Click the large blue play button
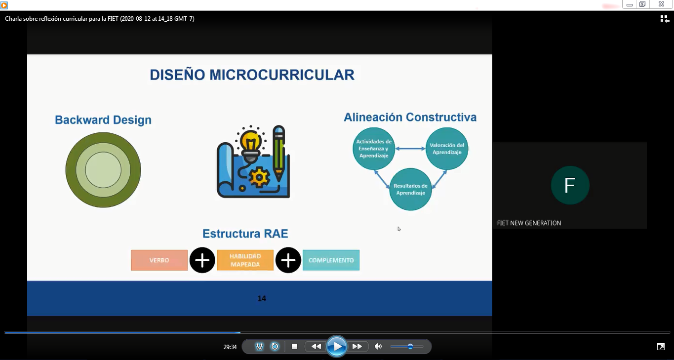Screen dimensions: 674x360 pyautogui.click(x=337, y=347)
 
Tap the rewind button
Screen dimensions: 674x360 pyautogui.click(x=316, y=347)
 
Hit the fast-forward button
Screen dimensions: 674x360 pyautogui.click(x=357, y=347)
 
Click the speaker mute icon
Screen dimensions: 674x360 pyautogui.click(x=378, y=347)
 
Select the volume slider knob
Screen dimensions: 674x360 pyautogui.click(x=410, y=347)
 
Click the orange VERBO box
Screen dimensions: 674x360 pyautogui.click(x=159, y=260)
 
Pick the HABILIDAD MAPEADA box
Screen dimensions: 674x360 pyautogui.click(x=245, y=260)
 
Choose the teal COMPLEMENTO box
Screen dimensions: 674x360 pyautogui.click(x=331, y=260)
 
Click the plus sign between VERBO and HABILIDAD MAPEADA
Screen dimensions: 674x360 pyautogui.click(x=202, y=260)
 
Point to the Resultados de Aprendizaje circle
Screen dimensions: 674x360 pyautogui.click(x=410, y=189)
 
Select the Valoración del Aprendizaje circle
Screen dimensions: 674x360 pyautogui.click(x=447, y=148)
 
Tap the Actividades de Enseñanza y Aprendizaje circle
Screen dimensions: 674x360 pyautogui.click(x=374, y=148)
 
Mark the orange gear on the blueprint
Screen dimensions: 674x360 pyautogui.click(x=259, y=178)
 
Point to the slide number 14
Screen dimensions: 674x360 pyautogui.click(x=262, y=298)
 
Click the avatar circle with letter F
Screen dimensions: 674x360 pyautogui.click(x=570, y=185)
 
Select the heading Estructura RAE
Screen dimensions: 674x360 pyautogui.click(x=245, y=234)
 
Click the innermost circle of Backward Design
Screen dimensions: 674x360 pyautogui.click(x=103, y=170)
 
